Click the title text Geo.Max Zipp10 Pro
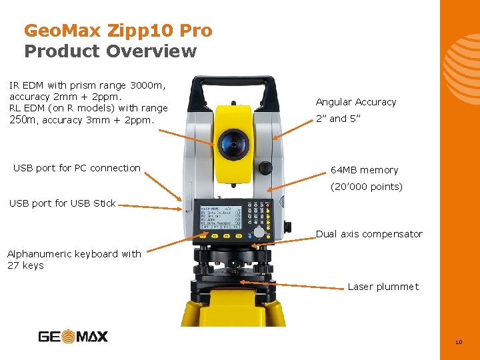click(x=118, y=31)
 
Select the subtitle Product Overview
click(x=111, y=51)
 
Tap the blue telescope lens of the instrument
click(x=233, y=143)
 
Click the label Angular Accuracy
click(x=355, y=102)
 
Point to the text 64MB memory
click(x=364, y=170)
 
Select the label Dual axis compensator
click(x=369, y=234)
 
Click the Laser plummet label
click(x=383, y=287)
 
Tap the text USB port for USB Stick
click(x=62, y=203)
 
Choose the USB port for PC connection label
click(x=77, y=168)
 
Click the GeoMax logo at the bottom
click(x=73, y=337)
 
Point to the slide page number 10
click(x=458, y=343)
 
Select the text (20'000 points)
click(x=367, y=187)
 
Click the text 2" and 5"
click(x=338, y=119)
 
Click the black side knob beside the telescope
click(x=265, y=167)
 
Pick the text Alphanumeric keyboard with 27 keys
click(x=74, y=259)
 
